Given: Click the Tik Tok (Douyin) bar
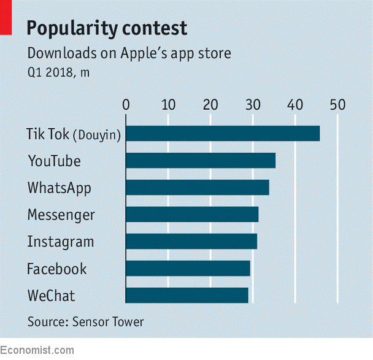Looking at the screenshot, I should coord(223,133).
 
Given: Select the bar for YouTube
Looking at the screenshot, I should coord(201,160).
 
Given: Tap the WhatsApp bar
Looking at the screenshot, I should coord(198,187).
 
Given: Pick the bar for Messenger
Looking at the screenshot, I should coord(192,214).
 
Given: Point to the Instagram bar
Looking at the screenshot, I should coord(191,241).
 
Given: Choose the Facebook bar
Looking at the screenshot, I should coord(188,268).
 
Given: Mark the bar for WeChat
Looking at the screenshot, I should coord(187,295).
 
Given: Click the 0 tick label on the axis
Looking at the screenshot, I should coord(126,105).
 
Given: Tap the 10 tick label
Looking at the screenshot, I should coord(168,105).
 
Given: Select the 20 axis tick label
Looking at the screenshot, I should coord(210,105).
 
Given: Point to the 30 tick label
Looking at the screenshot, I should coord(253,105).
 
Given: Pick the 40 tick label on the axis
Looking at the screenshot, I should coord(295,105).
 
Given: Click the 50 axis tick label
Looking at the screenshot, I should coord(337,105).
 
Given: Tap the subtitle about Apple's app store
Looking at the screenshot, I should coord(129,53).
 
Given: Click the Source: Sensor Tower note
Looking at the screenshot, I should coord(85,321).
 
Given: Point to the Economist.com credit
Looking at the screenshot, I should coord(37,350).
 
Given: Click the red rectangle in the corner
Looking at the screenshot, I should coord(6,17).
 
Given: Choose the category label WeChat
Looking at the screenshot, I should coord(51,296).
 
